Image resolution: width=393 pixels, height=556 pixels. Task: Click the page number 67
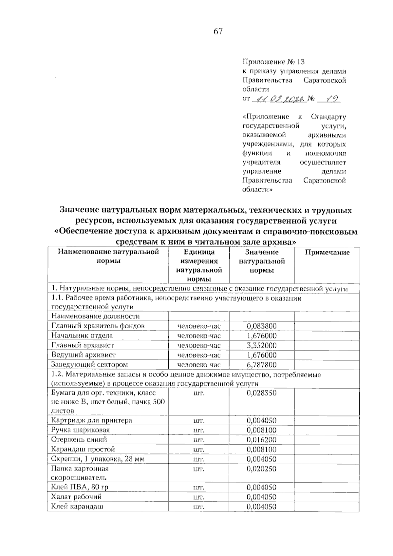click(218, 31)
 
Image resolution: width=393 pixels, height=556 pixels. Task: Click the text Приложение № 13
click(273, 62)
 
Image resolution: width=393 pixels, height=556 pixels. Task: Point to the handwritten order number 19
click(329, 98)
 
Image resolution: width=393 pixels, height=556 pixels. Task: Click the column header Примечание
click(327, 252)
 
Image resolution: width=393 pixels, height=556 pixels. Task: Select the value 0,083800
click(261, 326)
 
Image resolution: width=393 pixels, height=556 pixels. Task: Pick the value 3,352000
click(261, 345)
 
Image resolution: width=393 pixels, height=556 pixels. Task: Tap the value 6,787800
click(261, 365)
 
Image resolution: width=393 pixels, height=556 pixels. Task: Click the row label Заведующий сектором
click(89, 364)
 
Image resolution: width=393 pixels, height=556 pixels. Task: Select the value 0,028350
click(261, 393)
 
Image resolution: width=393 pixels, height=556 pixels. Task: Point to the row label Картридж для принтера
click(91, 420)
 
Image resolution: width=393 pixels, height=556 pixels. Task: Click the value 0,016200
click(261, 439)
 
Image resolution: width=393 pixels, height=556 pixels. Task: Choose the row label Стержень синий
click(79, 439)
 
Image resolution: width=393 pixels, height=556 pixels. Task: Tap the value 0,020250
click(261, 469)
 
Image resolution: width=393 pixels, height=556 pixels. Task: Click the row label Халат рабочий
click(76, 497)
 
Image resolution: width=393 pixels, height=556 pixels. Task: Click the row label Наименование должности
click(95, 316)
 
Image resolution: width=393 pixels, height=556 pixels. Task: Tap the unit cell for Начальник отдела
click(199, 336)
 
